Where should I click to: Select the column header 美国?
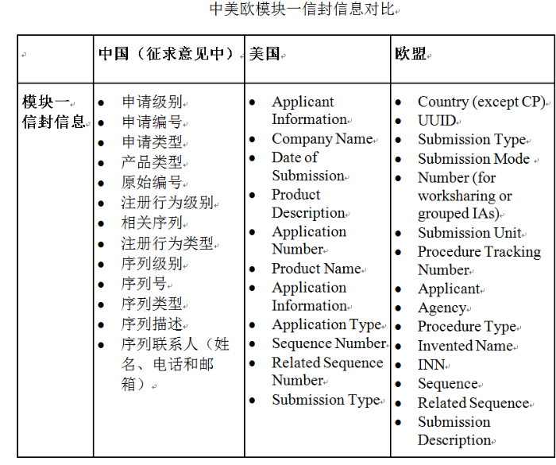266,55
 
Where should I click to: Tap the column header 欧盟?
411,55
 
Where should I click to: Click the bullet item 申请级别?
152,102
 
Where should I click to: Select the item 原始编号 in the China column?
152,183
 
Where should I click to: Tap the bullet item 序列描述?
152,324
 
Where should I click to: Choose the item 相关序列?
152,223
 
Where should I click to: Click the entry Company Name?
322,138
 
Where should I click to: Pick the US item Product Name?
316,269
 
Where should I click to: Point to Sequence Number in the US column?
328,343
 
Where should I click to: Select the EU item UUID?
437,121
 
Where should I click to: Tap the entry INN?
431,365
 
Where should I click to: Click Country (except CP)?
481,102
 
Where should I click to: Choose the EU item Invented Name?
465,346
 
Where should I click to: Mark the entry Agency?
442,308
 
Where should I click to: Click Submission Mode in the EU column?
473,158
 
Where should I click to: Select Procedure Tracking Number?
478,260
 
